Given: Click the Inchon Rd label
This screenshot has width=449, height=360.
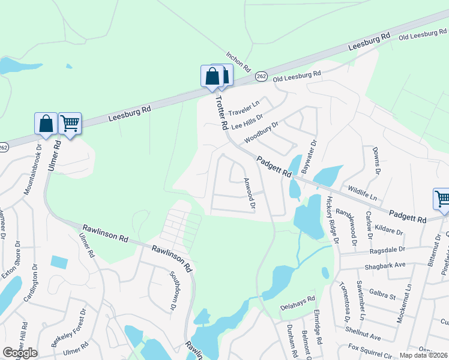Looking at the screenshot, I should [238, 60].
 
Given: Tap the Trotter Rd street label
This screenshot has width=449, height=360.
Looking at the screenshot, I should [221, 112].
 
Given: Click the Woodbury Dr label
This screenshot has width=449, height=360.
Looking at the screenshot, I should [261, 133].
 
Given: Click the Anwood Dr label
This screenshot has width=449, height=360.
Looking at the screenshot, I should [249, 194].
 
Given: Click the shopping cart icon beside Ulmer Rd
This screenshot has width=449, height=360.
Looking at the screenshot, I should [70, 124].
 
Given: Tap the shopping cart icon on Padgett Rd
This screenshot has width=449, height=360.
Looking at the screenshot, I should [442, 199].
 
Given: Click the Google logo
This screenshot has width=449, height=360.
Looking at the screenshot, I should [20, 353].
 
